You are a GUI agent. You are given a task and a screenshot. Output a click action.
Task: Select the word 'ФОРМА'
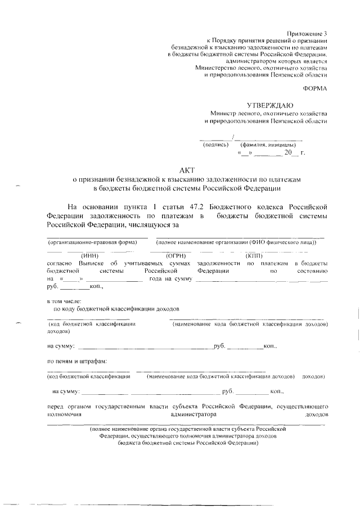314,88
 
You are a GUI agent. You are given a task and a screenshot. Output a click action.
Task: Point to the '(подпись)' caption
215,145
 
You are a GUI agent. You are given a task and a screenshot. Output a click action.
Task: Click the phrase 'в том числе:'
64,301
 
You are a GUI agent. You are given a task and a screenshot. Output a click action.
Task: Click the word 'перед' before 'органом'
55,406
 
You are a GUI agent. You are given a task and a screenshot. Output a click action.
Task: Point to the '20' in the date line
289,152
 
